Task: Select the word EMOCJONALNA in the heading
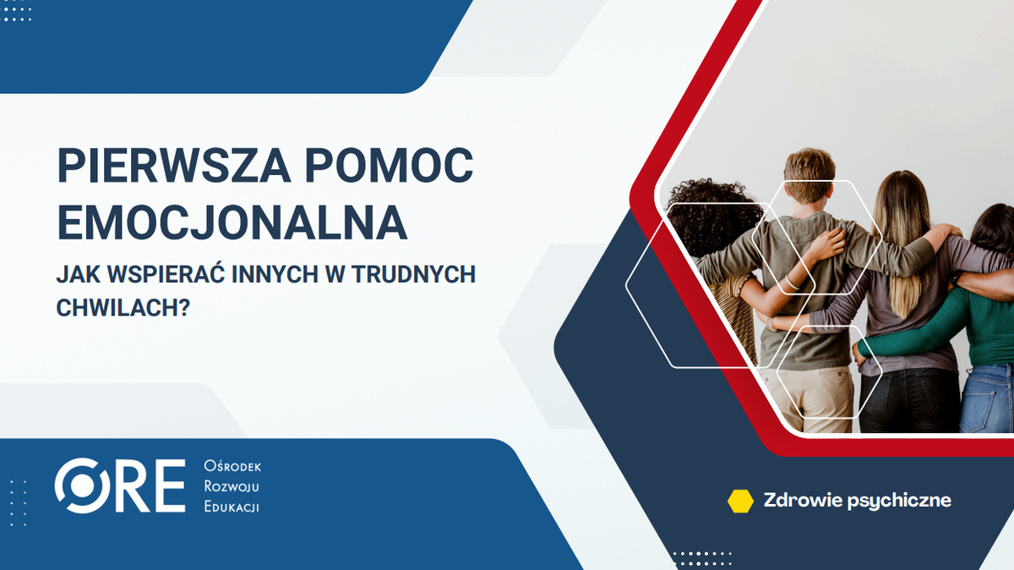click(x=232, y=222)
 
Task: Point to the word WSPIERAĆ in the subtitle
click(x=168, y=275)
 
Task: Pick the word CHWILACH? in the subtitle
click(x=123, y=307)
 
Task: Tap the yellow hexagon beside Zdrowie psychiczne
click(x=740, y=501)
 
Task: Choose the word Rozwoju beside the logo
click(x=231, y=487)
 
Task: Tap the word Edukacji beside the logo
click(x=232, y=507)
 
